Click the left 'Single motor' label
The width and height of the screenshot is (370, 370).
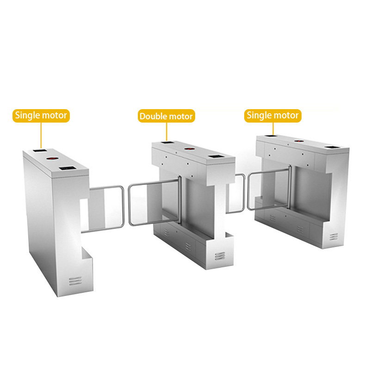tap(41, 116)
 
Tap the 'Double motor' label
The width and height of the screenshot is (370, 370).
tap(166, 116)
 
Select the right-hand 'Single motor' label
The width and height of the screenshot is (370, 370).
tap(273, 116)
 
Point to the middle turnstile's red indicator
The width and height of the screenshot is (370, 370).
tap(189, 149)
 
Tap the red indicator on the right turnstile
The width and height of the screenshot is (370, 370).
tap(299, 141)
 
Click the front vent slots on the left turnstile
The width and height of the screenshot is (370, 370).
tap(75, 281)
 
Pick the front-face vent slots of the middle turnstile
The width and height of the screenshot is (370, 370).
tap(220, 256)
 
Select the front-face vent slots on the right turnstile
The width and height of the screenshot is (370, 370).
tap(333, 236)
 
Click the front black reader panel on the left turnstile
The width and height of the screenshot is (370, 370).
tap(68, 168)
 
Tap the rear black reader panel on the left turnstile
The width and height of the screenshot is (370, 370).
tap(40, 150)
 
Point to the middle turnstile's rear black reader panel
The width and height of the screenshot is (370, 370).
tap(167, 142)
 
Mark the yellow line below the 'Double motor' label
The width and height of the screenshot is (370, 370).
tap(166, 132)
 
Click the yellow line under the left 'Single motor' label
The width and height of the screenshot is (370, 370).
tap(41, 136)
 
